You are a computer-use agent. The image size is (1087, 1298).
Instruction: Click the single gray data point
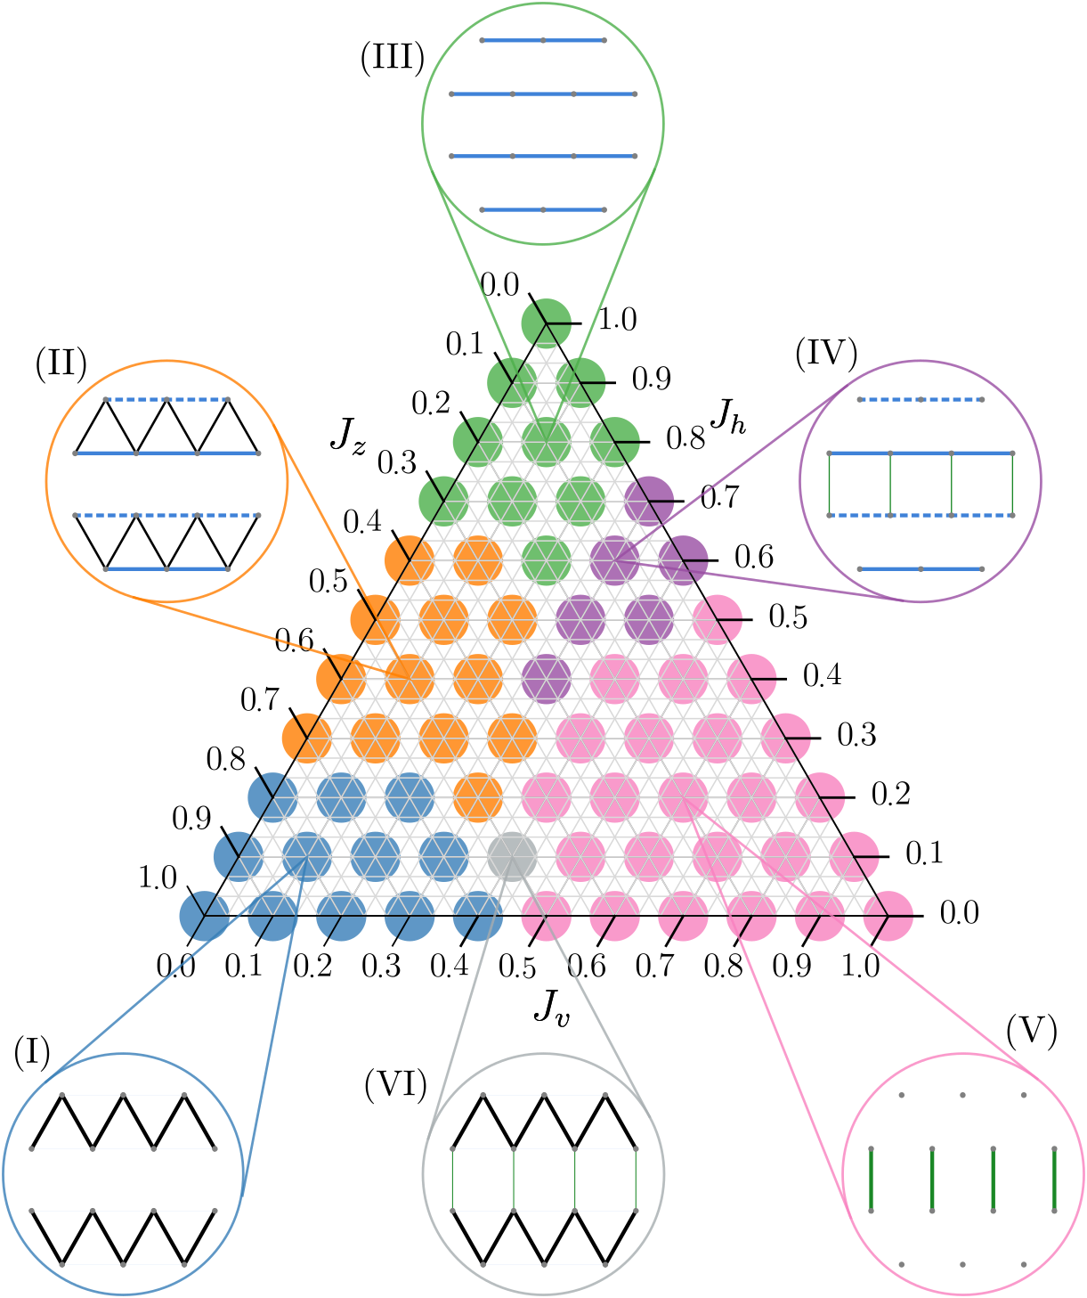[512, 856]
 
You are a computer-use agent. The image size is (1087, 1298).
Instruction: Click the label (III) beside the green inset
[392, 59]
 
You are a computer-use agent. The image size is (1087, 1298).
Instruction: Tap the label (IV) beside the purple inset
[825, 354]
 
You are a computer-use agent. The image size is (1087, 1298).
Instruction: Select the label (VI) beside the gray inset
[395, 1084]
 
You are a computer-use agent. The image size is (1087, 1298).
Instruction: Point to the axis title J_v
[551, 1008]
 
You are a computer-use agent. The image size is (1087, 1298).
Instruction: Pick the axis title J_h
[727, 415]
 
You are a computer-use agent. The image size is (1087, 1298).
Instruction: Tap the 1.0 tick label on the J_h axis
[617, 320]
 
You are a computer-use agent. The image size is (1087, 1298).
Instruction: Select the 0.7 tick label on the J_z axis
[260, 700]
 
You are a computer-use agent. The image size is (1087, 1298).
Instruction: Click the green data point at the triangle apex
[546, 322]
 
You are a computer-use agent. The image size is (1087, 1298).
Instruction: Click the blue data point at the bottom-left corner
[204, 916]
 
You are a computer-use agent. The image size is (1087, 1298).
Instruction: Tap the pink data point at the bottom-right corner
[888, 915]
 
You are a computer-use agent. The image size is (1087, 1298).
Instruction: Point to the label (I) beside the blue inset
[32, 1053]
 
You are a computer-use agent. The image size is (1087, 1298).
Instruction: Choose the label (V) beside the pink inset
[1031, 1031]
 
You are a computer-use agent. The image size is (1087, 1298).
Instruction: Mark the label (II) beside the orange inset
[61, 363]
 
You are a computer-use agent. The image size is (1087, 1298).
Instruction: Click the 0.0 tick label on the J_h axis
[959, 913]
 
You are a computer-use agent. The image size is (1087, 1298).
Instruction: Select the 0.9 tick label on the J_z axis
[191, 819]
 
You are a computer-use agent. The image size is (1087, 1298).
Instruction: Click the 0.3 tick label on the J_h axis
[856, 735]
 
